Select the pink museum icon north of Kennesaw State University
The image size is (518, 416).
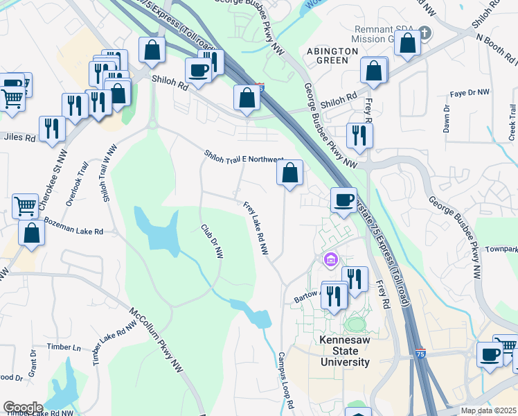330,260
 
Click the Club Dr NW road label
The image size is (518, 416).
212,241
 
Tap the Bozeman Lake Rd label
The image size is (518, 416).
73,227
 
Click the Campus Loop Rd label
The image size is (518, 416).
286,379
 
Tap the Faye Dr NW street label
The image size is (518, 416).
469,92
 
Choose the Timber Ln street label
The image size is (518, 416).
64,347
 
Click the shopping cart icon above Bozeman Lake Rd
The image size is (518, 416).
26,205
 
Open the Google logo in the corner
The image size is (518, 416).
22,408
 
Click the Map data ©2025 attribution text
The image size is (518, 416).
489,410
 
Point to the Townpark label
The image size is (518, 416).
501,249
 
